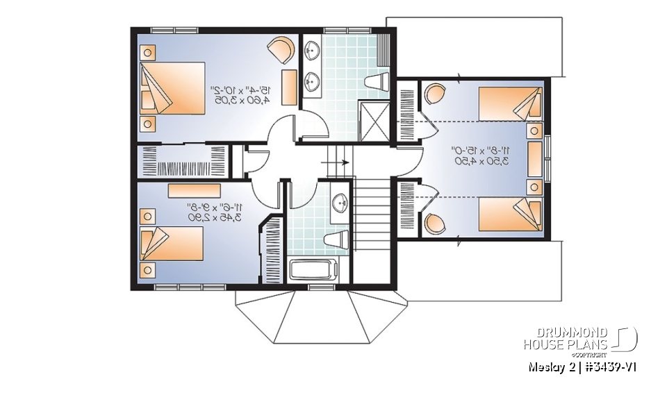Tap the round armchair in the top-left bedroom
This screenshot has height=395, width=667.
(281, 51)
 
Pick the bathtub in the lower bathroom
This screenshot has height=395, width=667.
(313, 270)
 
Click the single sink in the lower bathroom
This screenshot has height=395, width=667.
(339, 203)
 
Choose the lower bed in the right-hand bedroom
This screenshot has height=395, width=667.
(510, 215)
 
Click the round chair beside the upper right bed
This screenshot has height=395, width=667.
(435, 93)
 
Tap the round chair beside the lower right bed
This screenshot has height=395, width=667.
(435, 224)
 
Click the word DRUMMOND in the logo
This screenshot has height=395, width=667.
(567, 333)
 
